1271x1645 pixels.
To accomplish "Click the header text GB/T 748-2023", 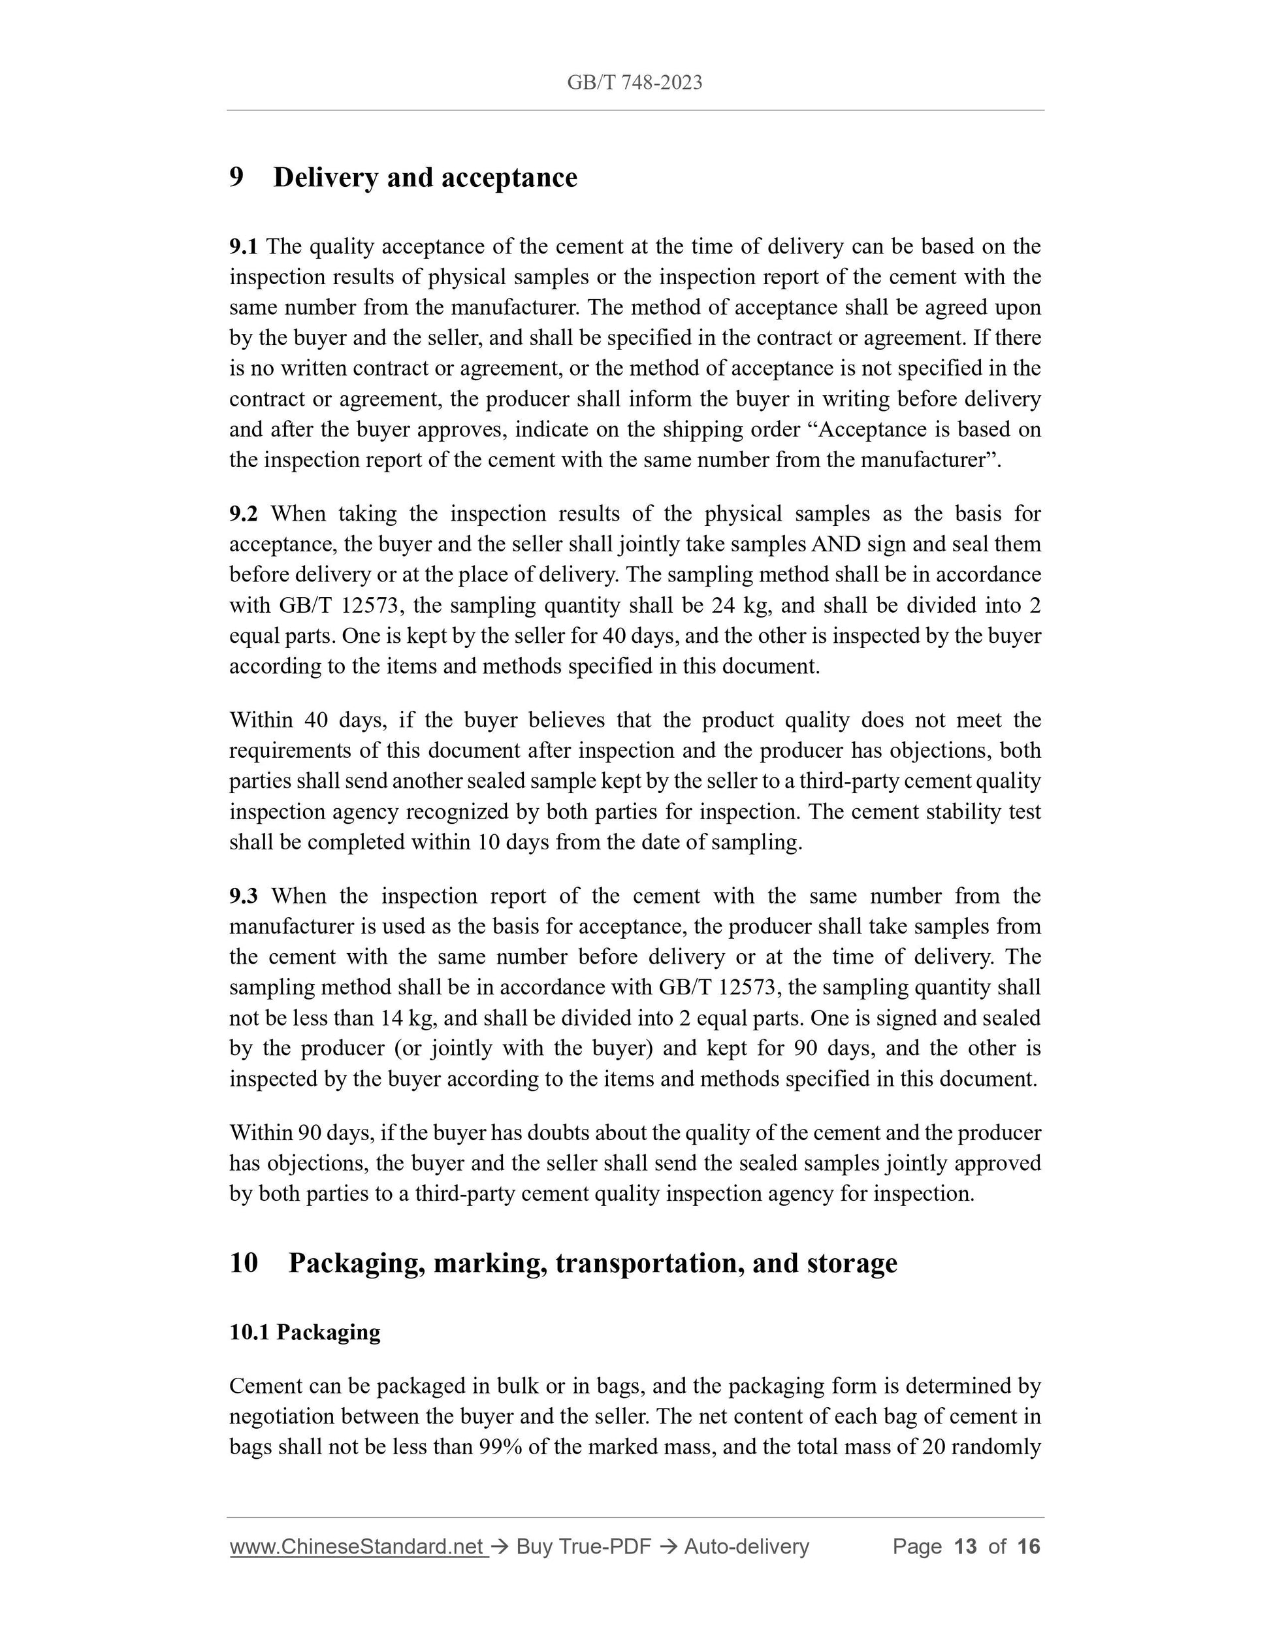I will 634,83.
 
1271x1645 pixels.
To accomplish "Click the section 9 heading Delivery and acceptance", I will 425,178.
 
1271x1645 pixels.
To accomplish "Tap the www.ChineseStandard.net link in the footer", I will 356,1547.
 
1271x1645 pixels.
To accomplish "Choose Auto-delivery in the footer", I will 746,1547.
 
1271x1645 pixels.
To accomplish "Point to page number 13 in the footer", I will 965,1547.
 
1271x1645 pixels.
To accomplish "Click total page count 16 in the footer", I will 1028,1547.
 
